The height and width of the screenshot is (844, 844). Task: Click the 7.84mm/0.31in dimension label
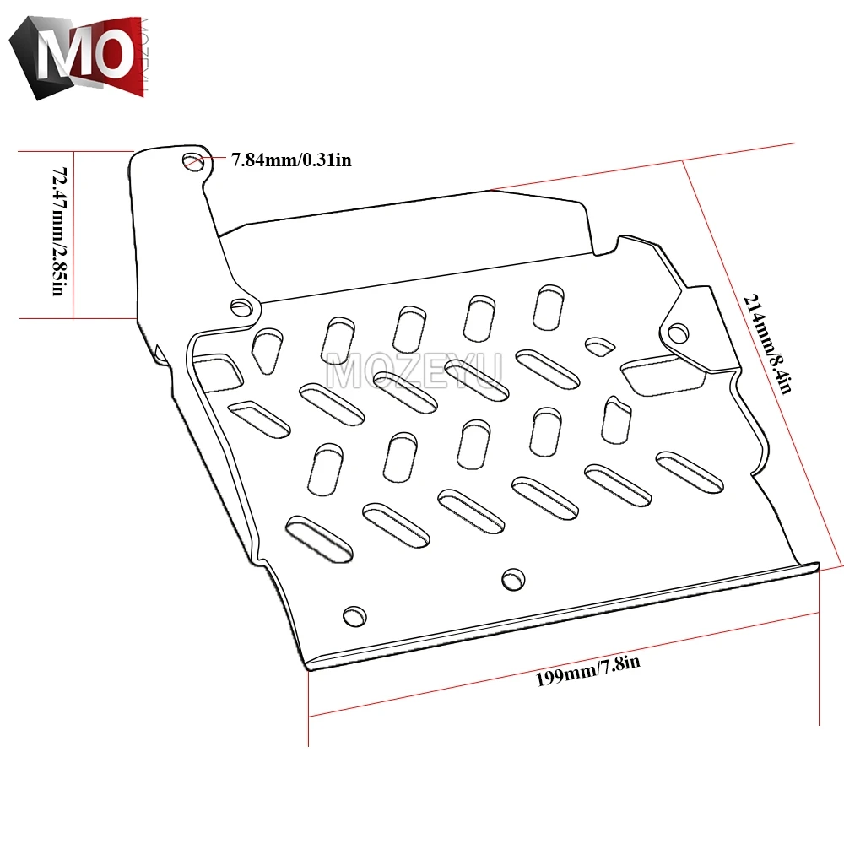tap(291, 160)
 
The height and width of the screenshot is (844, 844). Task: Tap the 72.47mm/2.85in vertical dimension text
tap(60, 231)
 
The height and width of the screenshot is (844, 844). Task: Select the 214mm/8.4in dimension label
tap(768, 344)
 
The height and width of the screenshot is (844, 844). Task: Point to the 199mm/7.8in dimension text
tap(587, 670)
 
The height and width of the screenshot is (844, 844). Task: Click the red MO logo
tap(78, 57)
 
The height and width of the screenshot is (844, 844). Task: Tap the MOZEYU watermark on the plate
tap(414, 371)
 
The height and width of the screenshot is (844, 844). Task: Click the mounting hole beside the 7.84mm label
tap(193, 161)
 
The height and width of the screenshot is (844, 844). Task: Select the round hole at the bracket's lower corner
tap(241, 307)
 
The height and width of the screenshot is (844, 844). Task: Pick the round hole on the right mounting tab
tap(678, 333)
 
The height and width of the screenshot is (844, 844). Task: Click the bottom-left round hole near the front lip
tap(354, 616)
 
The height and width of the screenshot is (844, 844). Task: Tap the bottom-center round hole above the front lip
tap(513, 579)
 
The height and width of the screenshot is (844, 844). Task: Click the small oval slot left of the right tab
tap(599, 346)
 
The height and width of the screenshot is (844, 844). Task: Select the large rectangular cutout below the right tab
tap(663, 376)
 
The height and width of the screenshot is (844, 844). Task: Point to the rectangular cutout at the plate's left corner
tap(216, 372)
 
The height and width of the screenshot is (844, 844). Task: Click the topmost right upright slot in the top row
tap(549, 307)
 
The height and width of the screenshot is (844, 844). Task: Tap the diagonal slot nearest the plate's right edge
tap(690, 472)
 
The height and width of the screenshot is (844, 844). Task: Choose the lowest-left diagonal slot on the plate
tap(319, 538)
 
